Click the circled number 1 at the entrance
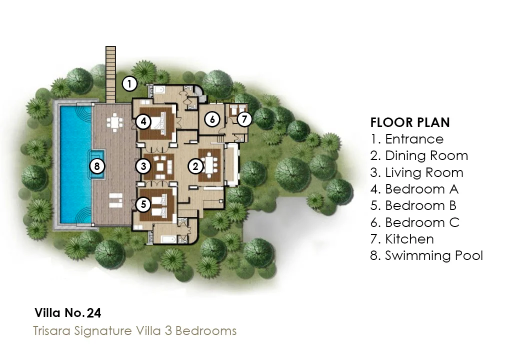pyautogui.click(x=129, y=84)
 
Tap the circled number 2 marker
pyautogui.click(x=195, y=166)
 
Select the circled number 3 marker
pyautogui.click(x=143, y=166)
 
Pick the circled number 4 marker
pyautogui.click(x=143, y=122)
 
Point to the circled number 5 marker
pyautogui.click(x=143, y=204)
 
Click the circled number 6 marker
pyautogui.click(x=212, y=119)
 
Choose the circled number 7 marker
pyautogui.click(x=244, y=119)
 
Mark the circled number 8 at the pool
pyautogui.click(x=97, y=166)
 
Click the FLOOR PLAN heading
pyautogui.click(x=410, y=122)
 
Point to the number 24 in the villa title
pyautogui.click(x=94, y=313)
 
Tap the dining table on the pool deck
pyautogui.click(x=114, y=122)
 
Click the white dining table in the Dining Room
pyautogui.click(x=209, y=165)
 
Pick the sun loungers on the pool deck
pyautogui.click(x=115, y=200)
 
